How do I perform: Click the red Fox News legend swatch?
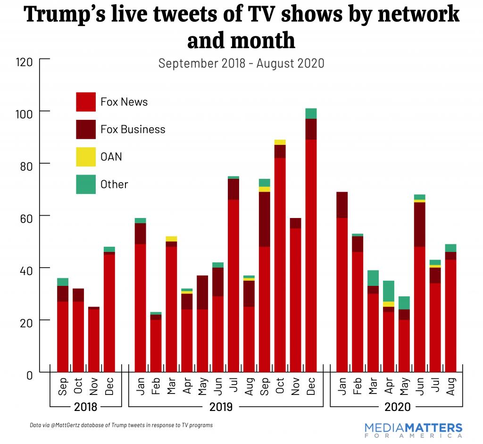[85, 102]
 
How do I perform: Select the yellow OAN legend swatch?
[85, 157]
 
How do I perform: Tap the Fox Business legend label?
[133, 129]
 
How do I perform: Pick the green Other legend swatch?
[85, 184]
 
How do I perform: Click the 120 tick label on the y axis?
[24, 62]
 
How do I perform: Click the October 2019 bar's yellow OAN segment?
[280, 142]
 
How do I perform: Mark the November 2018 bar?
[94, 339]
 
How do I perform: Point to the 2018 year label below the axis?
[86, 407]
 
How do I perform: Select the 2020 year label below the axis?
[397, 407]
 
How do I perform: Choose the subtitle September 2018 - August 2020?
[241, 63]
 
